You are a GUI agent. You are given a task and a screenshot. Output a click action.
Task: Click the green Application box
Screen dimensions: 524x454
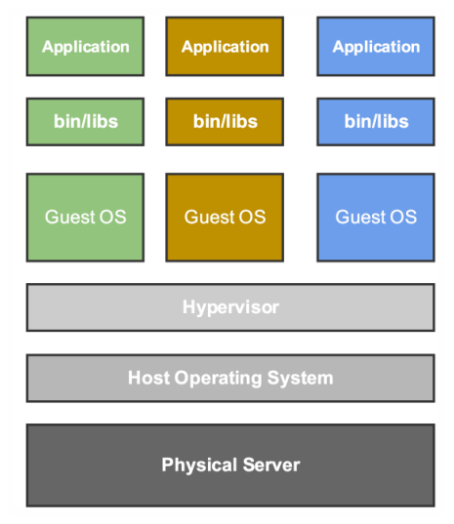click(85, 46)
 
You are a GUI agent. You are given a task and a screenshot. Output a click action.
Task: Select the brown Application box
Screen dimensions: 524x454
click(225, 46)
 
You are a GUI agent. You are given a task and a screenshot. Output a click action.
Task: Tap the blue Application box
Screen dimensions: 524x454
click(376, 46)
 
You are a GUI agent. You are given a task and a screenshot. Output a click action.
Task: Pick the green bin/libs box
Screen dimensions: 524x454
click(85, 122)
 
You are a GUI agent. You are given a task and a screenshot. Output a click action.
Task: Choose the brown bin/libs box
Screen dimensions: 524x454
click(225, 122)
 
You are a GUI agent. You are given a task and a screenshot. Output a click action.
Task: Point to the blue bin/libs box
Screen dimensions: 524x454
click(376, 122)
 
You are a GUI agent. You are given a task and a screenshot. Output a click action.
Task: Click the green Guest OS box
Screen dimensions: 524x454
click(85, 217)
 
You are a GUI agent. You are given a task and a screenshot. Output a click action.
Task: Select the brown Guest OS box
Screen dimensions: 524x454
click(225, 217)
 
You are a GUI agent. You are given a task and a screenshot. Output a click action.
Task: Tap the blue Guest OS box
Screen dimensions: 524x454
click(376, 217)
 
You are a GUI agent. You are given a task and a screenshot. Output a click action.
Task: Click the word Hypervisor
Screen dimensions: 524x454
click(230, 307)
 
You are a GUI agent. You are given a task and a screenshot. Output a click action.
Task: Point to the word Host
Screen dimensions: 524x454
click(148, 378)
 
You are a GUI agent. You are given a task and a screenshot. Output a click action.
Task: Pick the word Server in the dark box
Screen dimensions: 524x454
click(270, 464)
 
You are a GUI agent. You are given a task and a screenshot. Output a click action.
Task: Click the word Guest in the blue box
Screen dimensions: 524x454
click(358, 217)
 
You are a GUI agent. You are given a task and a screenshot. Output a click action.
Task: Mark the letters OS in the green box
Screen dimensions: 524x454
click(112, 217)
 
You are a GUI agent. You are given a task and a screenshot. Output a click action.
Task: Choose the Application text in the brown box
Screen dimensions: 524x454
click(225, 46)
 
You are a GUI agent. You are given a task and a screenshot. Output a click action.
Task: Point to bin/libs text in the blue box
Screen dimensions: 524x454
click(376, 122)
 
